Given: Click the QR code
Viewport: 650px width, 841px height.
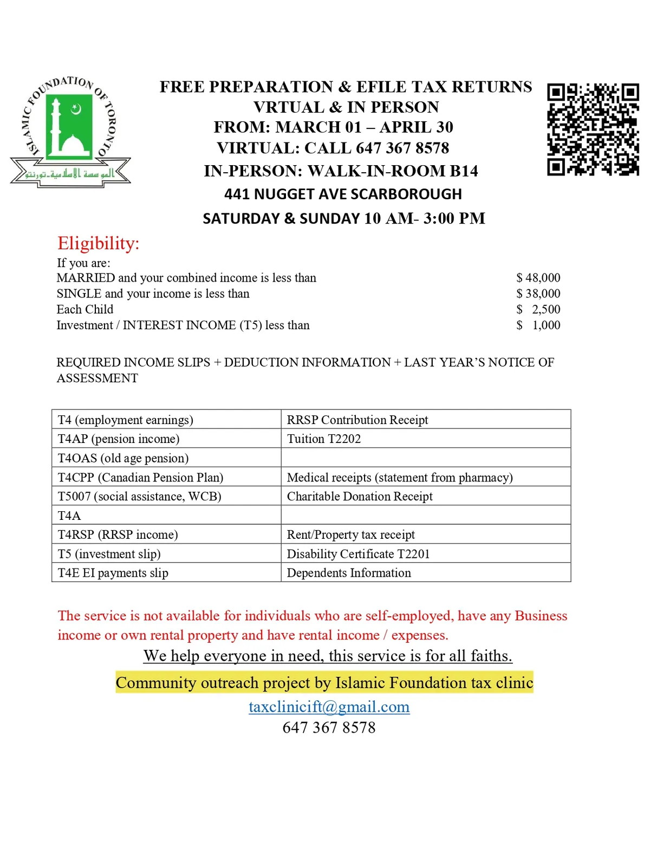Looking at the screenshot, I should click(x=593, y=129).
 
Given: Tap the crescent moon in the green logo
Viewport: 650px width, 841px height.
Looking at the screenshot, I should click(x=76, y=109).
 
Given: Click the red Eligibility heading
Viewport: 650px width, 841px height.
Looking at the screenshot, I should click(x=99, y=243).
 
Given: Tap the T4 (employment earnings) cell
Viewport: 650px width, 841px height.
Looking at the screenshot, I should click(x=126, y=420).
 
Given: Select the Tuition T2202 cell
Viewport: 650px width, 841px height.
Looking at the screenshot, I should click(x=324, y=439).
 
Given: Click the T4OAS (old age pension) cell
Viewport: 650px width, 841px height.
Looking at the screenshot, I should click(x=123, y=458).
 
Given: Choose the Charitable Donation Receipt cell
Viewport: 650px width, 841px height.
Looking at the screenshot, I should click(x=360, y=497).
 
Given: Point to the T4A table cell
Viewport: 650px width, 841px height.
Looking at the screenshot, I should click(x=69, y=516).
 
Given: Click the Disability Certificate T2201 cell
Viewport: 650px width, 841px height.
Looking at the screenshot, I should click(x=358, y=554).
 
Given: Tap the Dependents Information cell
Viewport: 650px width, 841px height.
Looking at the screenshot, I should click(x=349, y=573).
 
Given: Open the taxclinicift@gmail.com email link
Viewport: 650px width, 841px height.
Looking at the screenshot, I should click(x=329, y=707).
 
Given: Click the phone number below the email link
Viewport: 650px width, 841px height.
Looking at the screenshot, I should click(x=329, y=727).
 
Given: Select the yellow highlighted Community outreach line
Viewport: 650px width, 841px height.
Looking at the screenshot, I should click(x=324, y=683).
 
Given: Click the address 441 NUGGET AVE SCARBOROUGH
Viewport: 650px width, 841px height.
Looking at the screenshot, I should click(x=343, y=194).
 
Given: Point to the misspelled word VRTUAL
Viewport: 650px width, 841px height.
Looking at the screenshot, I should click(x=288, y=107).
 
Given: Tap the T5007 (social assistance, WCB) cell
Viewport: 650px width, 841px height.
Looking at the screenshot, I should click(x=139, y=497).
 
